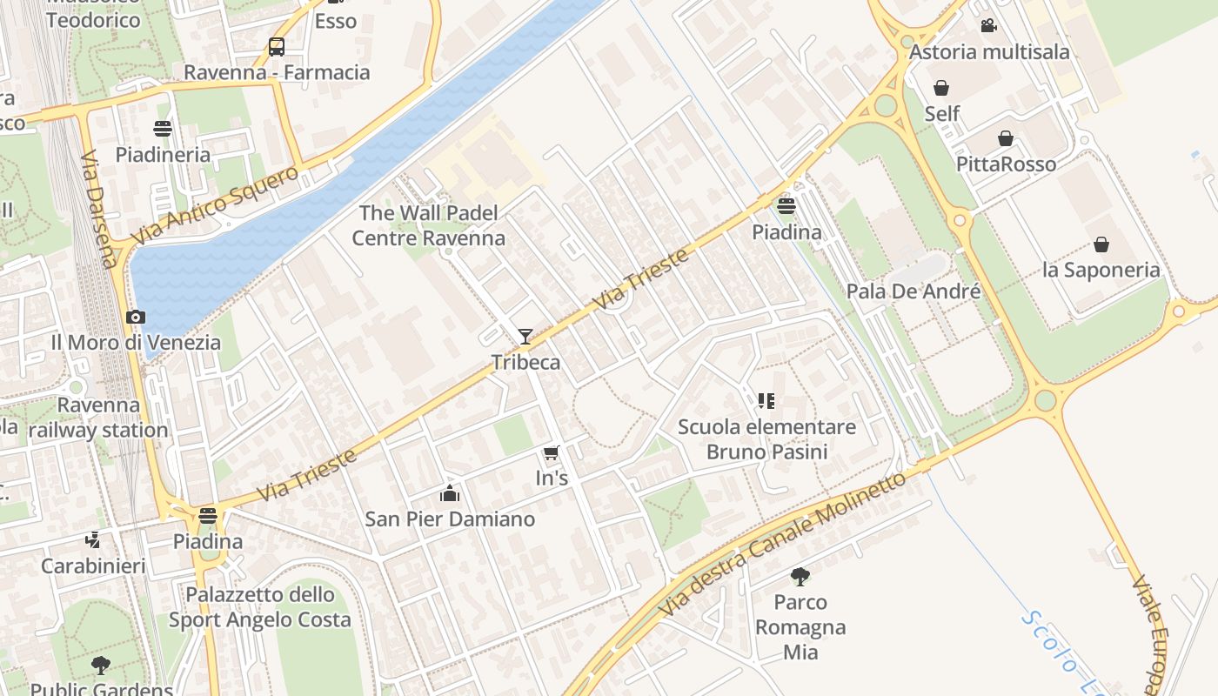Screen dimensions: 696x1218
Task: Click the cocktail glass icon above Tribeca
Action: click(x=525, y=337)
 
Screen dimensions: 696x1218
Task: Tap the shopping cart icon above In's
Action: click(x=550, y=453)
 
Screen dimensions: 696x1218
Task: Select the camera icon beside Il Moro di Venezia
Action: click(x=136, y=318)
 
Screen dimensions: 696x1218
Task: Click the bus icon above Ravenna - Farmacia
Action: click(x=277, y=47)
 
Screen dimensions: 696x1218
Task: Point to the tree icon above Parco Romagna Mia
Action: click(x=800, y=576)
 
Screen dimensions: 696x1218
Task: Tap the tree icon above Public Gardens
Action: click(x=101, y=666)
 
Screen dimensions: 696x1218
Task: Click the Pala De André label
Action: click(x=913, y=291)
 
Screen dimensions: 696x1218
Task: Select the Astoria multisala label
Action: click(x=989, y=52)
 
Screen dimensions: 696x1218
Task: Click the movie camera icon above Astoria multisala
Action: click(x=988, y=26)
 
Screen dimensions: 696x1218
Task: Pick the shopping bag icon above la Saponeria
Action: click(x=1101, y=244)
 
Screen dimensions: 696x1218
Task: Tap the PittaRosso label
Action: click(x=1006, y=164)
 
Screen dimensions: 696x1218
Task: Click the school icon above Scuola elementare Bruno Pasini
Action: click(x=766, y=401)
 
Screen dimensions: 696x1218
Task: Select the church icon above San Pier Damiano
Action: click(x=450, y=494)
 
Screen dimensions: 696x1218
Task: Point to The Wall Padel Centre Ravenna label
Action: click(x=428, y=225)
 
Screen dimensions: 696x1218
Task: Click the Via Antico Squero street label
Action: click(x=214, y=205)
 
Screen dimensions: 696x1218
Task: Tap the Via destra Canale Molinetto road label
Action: click(x=782, y=545)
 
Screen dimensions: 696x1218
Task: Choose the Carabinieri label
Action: click(x=93, y=566)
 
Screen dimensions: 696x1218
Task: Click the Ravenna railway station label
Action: click(x=98, y=418)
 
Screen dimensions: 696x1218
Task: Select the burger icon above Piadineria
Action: click(x=163, y=130)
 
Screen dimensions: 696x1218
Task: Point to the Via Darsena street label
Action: click(x=98, y=210)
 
